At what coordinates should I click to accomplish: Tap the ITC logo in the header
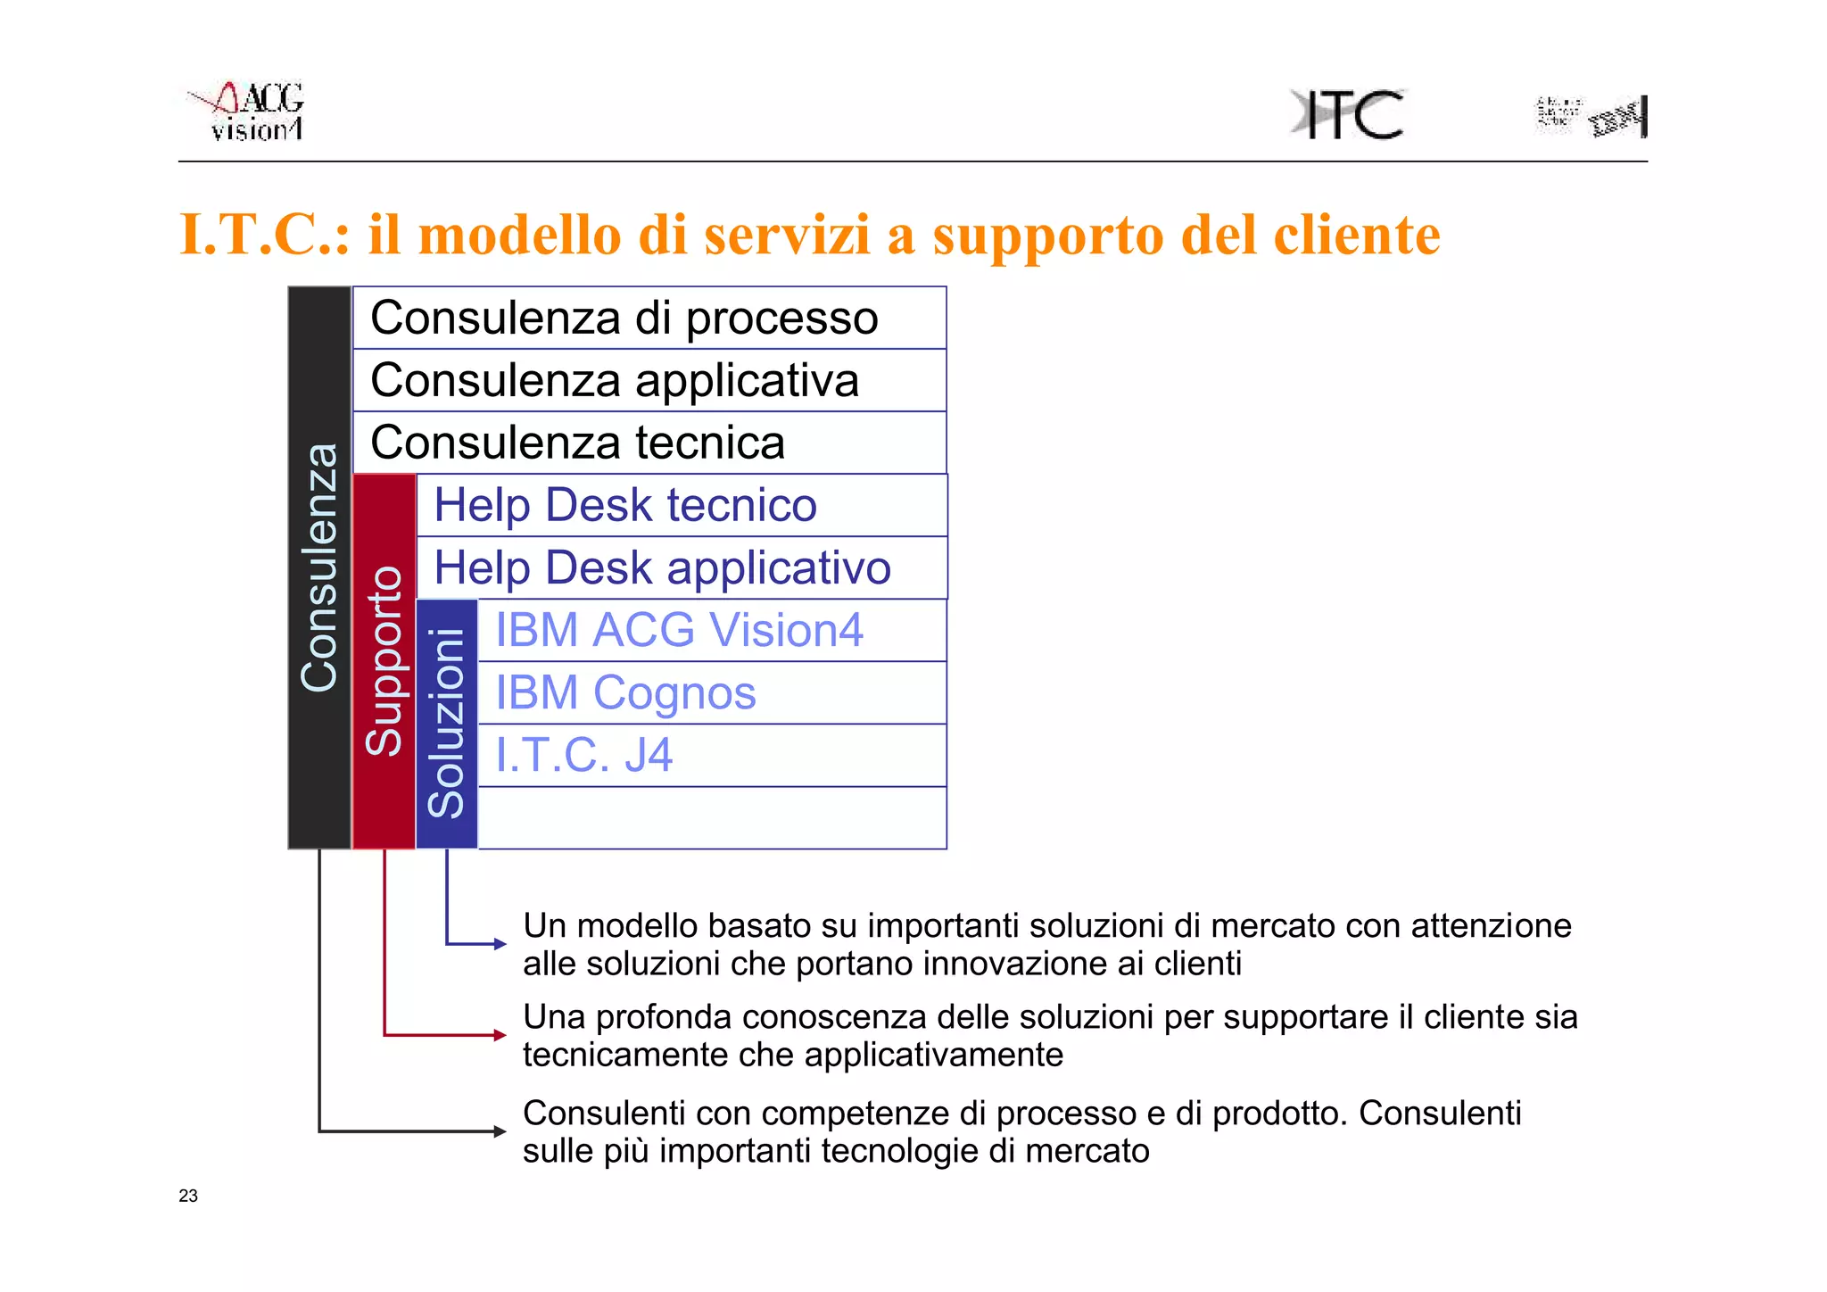pos(1348,114)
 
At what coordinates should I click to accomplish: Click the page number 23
pos(188,1196)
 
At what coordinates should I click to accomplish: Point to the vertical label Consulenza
pos(319,567)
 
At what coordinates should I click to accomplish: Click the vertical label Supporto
pos(384,660)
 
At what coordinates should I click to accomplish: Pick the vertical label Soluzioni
pos(447,723)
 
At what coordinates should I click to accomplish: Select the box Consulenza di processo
pos(649,318)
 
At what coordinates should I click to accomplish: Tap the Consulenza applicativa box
pos(649,380)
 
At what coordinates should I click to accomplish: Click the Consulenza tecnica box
pos(649,443)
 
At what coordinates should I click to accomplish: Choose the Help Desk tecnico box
pos(682,505)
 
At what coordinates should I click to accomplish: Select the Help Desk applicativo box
pos(682,567)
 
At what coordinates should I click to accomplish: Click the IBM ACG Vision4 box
pos(712,630)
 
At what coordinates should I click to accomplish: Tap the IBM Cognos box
pos(712,692)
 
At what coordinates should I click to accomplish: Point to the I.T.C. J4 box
pos(712,755)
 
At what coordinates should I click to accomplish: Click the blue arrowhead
pos(500,943)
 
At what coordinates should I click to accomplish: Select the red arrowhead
pos(500,1035)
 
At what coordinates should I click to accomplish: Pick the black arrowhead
pos(500,1131)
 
